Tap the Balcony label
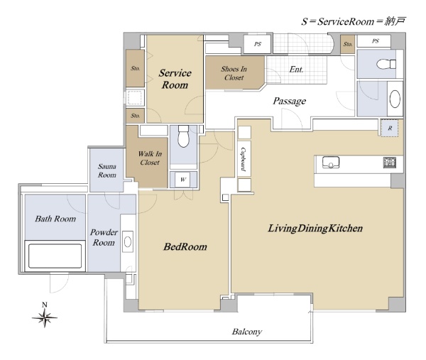tap(246, 332)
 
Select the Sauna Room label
tap(107, 170)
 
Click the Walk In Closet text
tap(150, 158)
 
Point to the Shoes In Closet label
tap(234, 73)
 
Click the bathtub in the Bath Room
tap(55, 256)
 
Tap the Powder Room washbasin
tap(128, 241)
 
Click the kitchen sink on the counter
tap(331, 163)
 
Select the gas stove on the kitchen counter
tap(389, 163)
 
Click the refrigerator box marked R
tap(390, 128)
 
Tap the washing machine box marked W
tap(183, 180)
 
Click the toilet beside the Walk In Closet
tap(183, 136)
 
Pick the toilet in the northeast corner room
tap(386, 65)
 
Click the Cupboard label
tap(244, 159)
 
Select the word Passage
tap(290, 101)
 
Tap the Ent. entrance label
tap(296, 70)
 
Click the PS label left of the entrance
tap(258, 44)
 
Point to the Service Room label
tap(175, 79)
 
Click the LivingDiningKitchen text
tap(315, 228)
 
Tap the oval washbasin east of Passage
tap(395, 99)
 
